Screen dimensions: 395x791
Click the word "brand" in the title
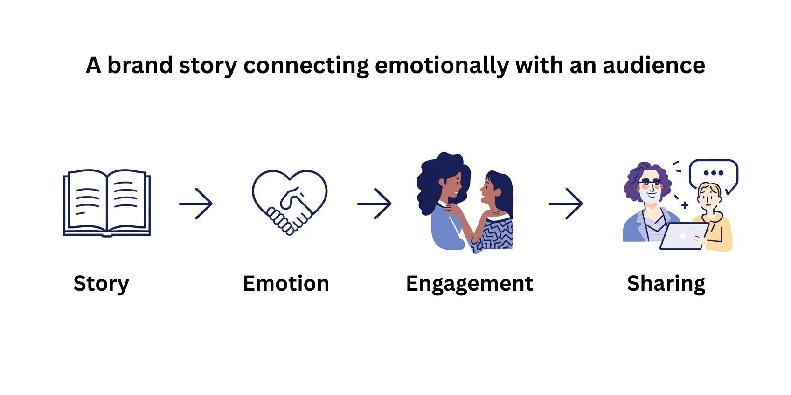tap(140, 65)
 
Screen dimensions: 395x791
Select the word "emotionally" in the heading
tap(442, 65)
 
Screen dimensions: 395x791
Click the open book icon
tap(107, 203)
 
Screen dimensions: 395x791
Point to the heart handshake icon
tap(290, 202)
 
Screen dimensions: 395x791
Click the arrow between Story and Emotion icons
tap(196, 204)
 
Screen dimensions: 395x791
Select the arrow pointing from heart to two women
tap(374, 204)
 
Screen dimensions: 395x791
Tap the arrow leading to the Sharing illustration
tap(566, 204)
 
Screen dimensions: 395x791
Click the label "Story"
tap(101, 283)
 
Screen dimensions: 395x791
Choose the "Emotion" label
tap(286, 283)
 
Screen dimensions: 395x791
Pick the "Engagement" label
tap(469, 283)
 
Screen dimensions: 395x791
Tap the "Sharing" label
tap(666, 283)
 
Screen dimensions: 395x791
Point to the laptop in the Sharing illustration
tap(683, 236)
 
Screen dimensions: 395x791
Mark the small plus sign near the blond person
tap(685, 205)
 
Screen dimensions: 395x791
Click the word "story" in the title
tap(208, 65)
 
